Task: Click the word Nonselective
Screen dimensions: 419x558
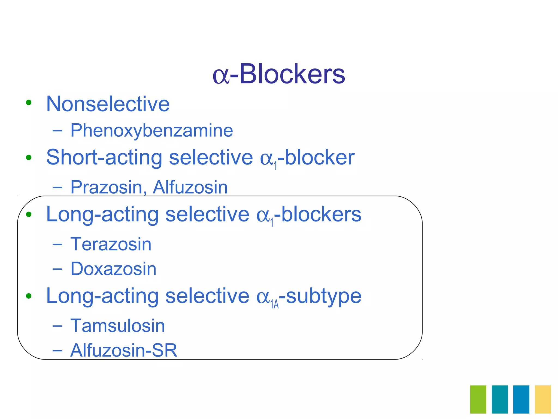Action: (x=108, y=104)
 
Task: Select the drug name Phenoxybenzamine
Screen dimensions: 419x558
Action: (x=151, y=130)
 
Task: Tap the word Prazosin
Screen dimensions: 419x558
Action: (x=106, y=187)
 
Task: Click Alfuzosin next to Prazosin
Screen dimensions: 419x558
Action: (x=190, y=187)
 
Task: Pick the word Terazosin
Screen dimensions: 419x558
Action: (x=111, y=244)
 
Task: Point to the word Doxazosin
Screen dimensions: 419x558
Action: (x=113, y=269)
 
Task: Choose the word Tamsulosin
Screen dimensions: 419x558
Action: (x=118, y=326)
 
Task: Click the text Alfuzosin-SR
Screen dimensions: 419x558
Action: (x=124, y=350)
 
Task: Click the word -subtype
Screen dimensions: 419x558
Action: (x=321, y=296)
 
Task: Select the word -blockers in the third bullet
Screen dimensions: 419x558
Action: (x=318, y=214)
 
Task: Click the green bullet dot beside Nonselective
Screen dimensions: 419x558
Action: (x=29, y=103)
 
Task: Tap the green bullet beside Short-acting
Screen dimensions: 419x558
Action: (x=29, y=157)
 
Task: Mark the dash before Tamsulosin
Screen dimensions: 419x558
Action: (x=57, y=326)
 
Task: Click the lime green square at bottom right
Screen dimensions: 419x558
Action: (x=478, y=399)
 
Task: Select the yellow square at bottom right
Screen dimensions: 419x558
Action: (x=543, y=399)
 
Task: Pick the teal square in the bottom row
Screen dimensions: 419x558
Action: (x=500, y=399)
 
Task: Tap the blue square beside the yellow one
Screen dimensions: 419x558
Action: (x=521, y=399)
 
